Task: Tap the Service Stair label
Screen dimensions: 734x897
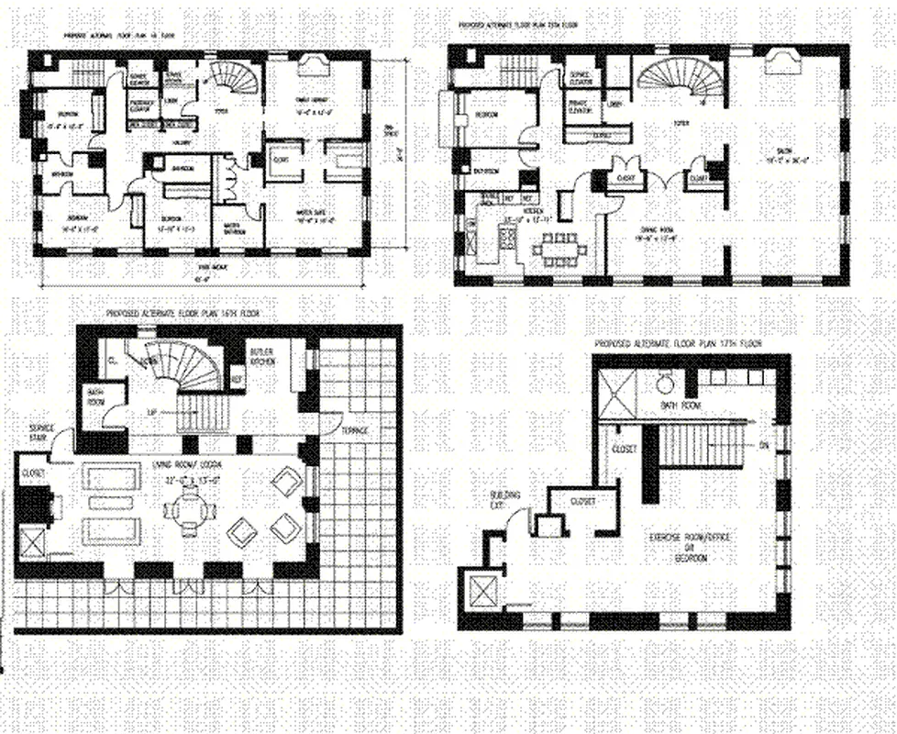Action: point(42,431)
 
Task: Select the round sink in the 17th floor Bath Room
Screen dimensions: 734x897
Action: point(664,384)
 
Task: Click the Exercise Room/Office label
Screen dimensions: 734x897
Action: point(692,541)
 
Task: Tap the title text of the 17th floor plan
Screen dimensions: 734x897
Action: point(678,344)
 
